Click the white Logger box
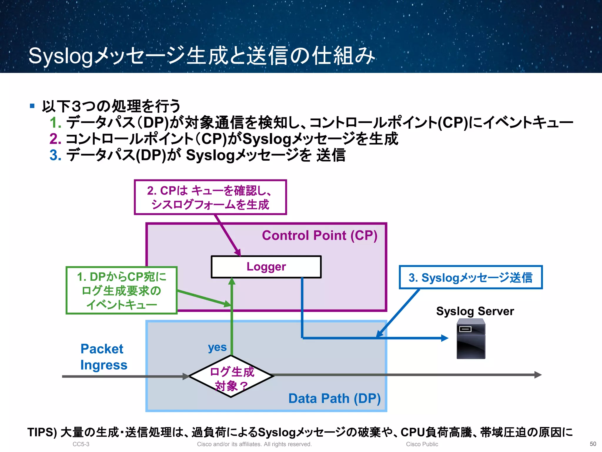266,267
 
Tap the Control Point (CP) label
320,235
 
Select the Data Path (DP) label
334,398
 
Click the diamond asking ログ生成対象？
231,376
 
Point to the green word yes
217,347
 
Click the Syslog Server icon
471,339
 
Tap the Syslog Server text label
475,311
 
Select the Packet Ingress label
103,357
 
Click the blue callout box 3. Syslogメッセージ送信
471,277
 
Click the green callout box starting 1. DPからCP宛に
121,290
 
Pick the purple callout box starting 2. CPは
210,197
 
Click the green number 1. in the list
55,123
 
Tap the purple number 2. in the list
55,139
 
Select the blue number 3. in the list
55,155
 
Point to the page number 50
593,444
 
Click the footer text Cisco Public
422,444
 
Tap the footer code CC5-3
81,444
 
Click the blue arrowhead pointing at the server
445,338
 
